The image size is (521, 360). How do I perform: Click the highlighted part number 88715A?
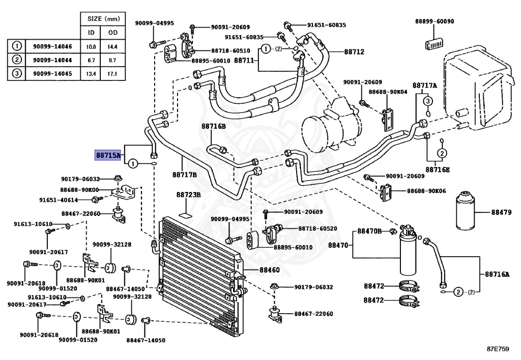(108, 155)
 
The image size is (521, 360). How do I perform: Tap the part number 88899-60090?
(435, 21)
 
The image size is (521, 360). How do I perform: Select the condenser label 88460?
(270, 269)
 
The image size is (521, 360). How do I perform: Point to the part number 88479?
(501, 212)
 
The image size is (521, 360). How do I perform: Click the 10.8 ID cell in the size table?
(91, 47)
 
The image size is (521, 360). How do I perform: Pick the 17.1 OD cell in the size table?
(112, 73)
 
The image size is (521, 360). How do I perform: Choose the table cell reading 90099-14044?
(52, 60)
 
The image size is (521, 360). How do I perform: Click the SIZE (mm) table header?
(103, 19)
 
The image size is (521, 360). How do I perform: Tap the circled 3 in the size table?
(17, 73)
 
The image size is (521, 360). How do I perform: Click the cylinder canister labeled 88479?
(465, 210)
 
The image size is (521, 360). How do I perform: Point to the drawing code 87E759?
(498, 349)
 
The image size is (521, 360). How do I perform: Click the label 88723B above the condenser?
(188, 195)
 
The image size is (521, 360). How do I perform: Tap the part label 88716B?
(213, 126)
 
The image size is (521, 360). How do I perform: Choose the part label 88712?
(354, 52)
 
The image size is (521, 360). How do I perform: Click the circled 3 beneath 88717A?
(427, 101)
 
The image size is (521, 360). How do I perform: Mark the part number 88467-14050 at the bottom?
(146, 340)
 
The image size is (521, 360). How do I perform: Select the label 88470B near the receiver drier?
(369, 231)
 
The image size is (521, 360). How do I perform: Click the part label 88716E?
(438, 170)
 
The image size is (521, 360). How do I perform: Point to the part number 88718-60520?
(317, 228)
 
